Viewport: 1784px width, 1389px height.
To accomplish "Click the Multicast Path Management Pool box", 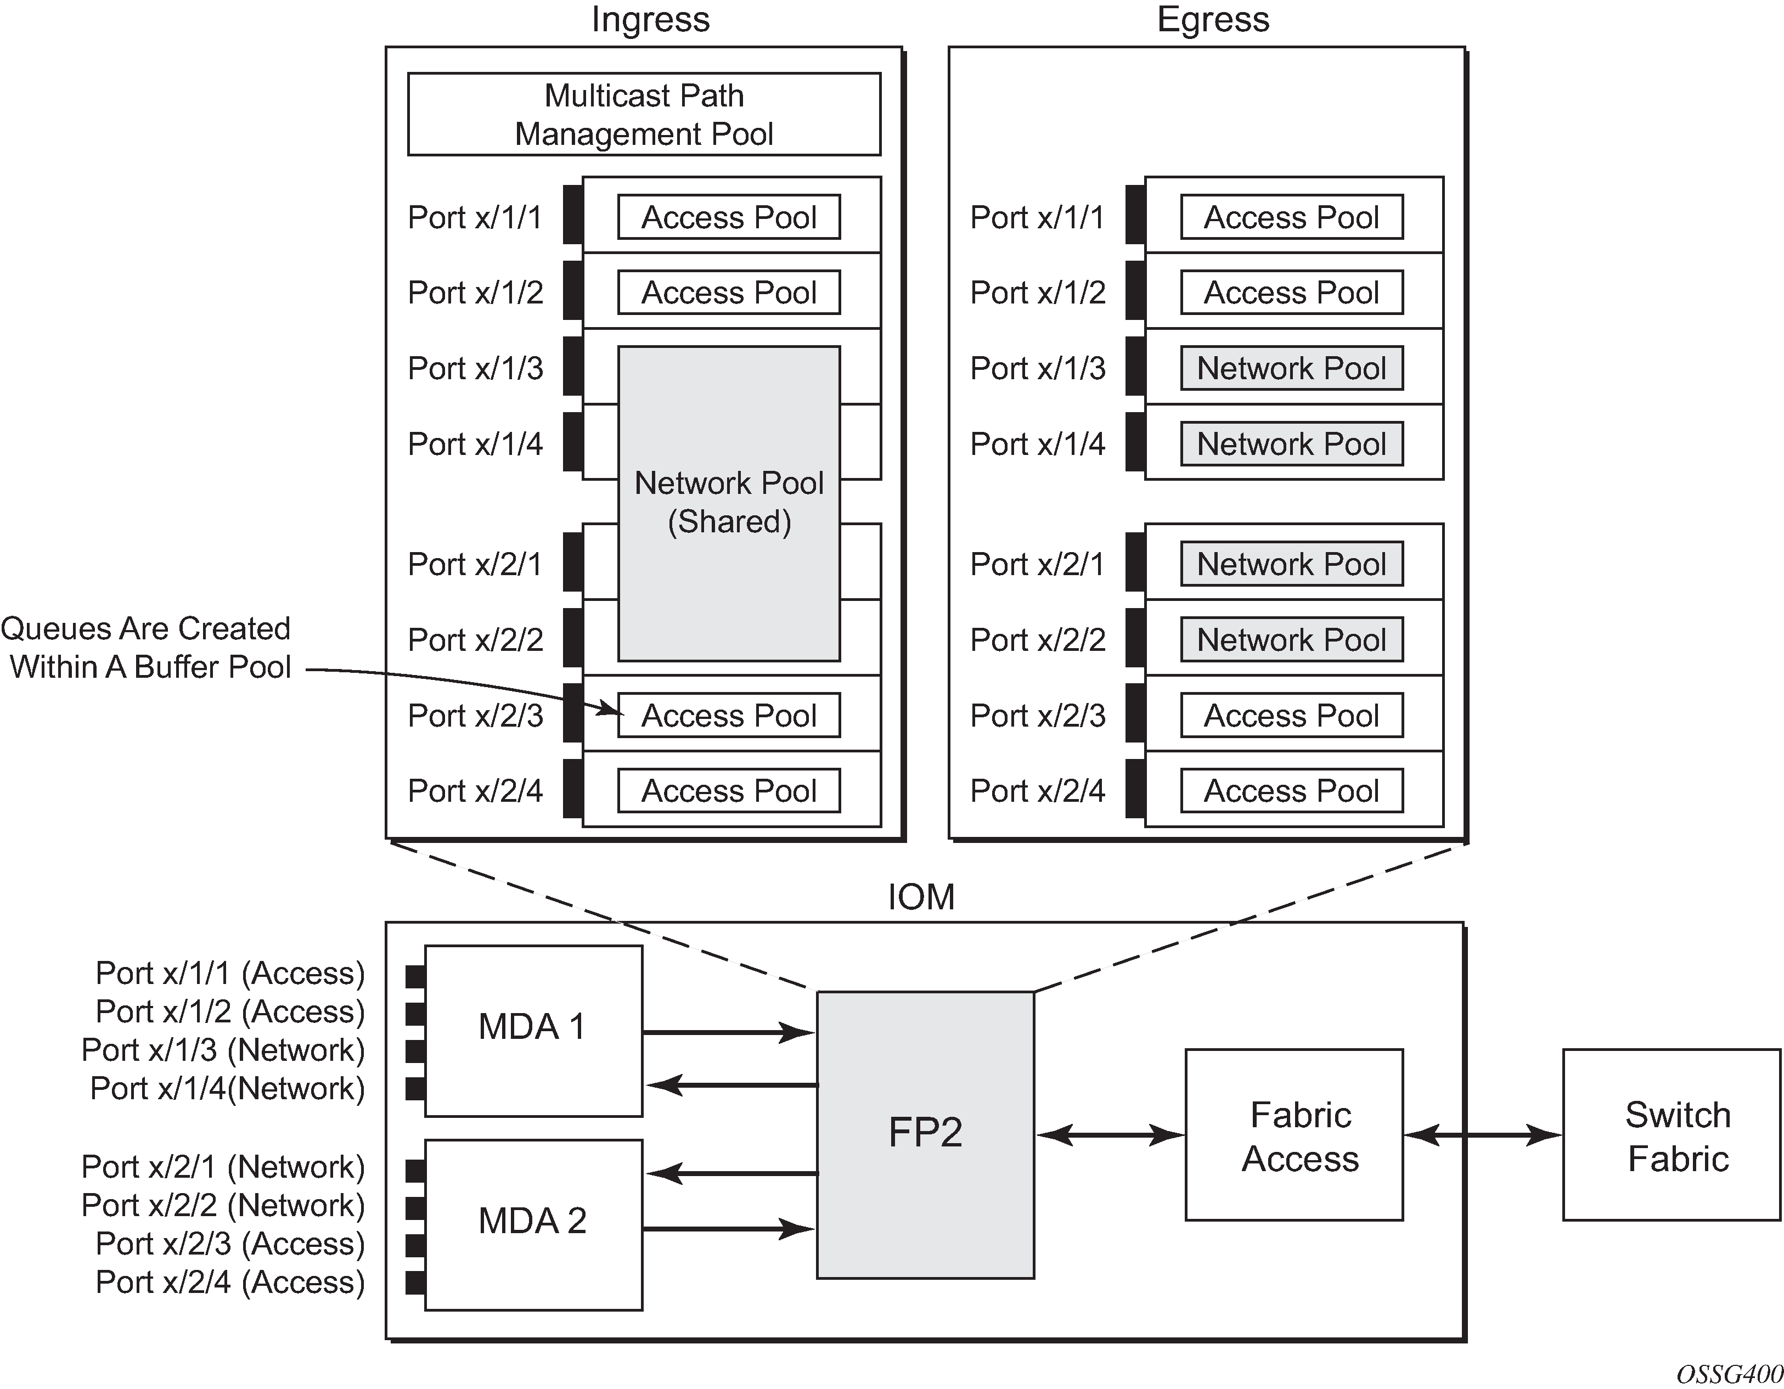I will (644, 114).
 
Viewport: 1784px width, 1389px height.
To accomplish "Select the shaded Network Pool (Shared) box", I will (729, 503).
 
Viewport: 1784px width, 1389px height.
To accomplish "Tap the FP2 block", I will (926, 1133).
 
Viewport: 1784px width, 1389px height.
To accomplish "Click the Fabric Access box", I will (1294, 1135).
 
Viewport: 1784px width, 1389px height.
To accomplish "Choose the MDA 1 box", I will (533, 1030).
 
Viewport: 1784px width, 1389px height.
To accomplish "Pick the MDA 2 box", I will (533, 1223).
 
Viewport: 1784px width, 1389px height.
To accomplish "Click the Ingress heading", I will (650, 20).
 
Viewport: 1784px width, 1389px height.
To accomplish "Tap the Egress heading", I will (1213, 20).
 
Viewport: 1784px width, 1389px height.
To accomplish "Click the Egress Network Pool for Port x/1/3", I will (1291, 368).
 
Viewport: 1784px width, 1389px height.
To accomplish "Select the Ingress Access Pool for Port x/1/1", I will (729, 217).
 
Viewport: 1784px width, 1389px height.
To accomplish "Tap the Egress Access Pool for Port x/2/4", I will (1291, 791).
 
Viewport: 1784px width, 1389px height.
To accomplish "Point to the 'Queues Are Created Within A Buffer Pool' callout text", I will (147, 648).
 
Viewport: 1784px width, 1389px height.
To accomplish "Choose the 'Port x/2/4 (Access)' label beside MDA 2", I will (229, 1282).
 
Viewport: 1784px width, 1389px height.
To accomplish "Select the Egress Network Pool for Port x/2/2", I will (1291, 640).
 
